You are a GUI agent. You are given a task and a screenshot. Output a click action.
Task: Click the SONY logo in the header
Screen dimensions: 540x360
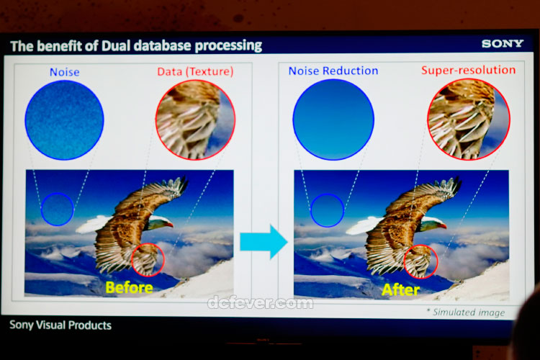(x=503, y=43)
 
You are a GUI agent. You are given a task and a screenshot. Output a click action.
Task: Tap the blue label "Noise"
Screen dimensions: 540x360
(x=64, y=72)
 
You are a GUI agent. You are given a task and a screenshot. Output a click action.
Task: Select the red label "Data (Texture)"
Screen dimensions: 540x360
(x=195, y=71)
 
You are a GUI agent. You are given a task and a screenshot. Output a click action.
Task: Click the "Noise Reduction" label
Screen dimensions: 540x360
(x=333, y=71)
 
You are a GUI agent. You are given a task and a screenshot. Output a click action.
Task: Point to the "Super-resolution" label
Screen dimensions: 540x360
(x=469, y=70)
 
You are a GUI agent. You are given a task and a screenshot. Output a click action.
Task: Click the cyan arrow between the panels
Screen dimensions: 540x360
(x=264, y=241)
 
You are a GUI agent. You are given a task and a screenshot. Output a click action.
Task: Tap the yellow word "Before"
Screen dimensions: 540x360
(x=129, y=288)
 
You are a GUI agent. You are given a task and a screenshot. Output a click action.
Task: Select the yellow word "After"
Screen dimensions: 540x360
(x=400, y=289)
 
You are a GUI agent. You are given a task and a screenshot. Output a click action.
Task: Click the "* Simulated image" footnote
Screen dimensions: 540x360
(x=466, y=312)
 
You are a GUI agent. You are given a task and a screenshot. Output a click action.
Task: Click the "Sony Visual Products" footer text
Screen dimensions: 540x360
(x=60, y=325)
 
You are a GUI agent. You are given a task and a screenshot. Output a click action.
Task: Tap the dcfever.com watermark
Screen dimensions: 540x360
(x=261, y=303)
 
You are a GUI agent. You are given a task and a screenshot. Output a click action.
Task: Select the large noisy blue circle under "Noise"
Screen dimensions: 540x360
(x=64, y=120)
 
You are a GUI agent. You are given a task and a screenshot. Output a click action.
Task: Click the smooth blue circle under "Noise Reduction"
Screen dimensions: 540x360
(x=333, y=120)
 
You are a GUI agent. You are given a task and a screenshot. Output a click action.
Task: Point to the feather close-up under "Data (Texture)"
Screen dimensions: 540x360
(x=195, y=120)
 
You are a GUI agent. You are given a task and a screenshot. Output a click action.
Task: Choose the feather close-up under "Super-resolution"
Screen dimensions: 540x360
(x=469, y=120)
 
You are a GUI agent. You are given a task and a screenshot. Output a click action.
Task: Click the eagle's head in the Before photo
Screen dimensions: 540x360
(x=159, y=222)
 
